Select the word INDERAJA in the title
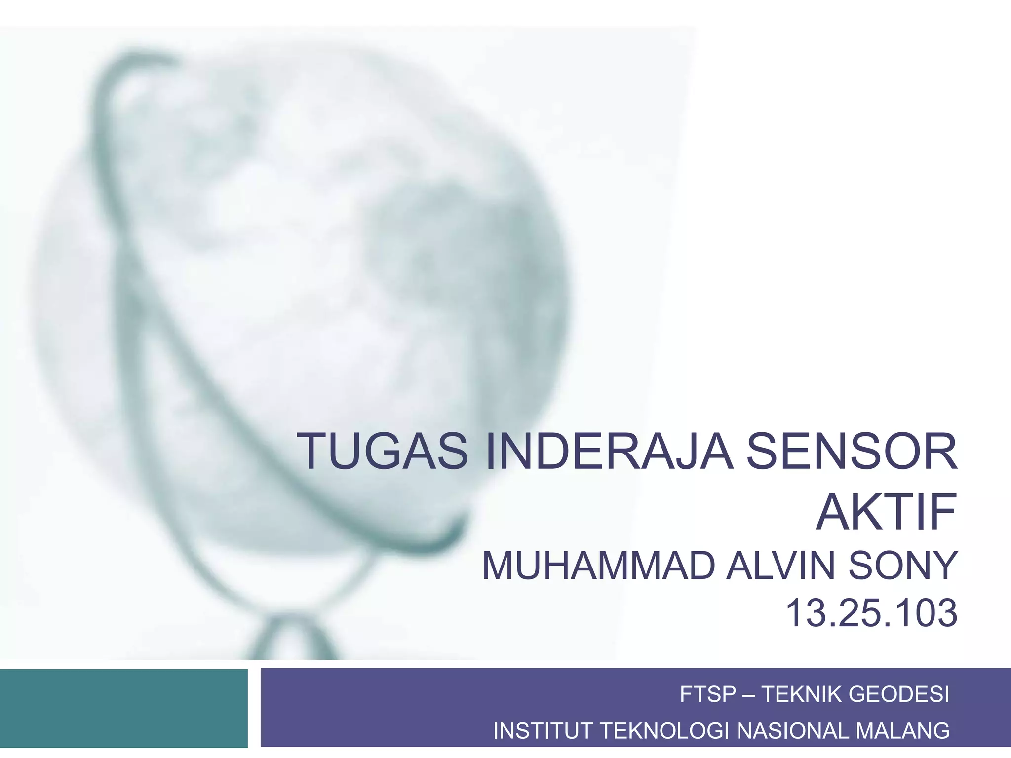(608, 451)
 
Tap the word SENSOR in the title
(851, 451)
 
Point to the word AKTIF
(886, 511)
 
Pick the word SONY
(903, 566)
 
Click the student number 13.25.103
(871, 613)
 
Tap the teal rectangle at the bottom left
(123, 708)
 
